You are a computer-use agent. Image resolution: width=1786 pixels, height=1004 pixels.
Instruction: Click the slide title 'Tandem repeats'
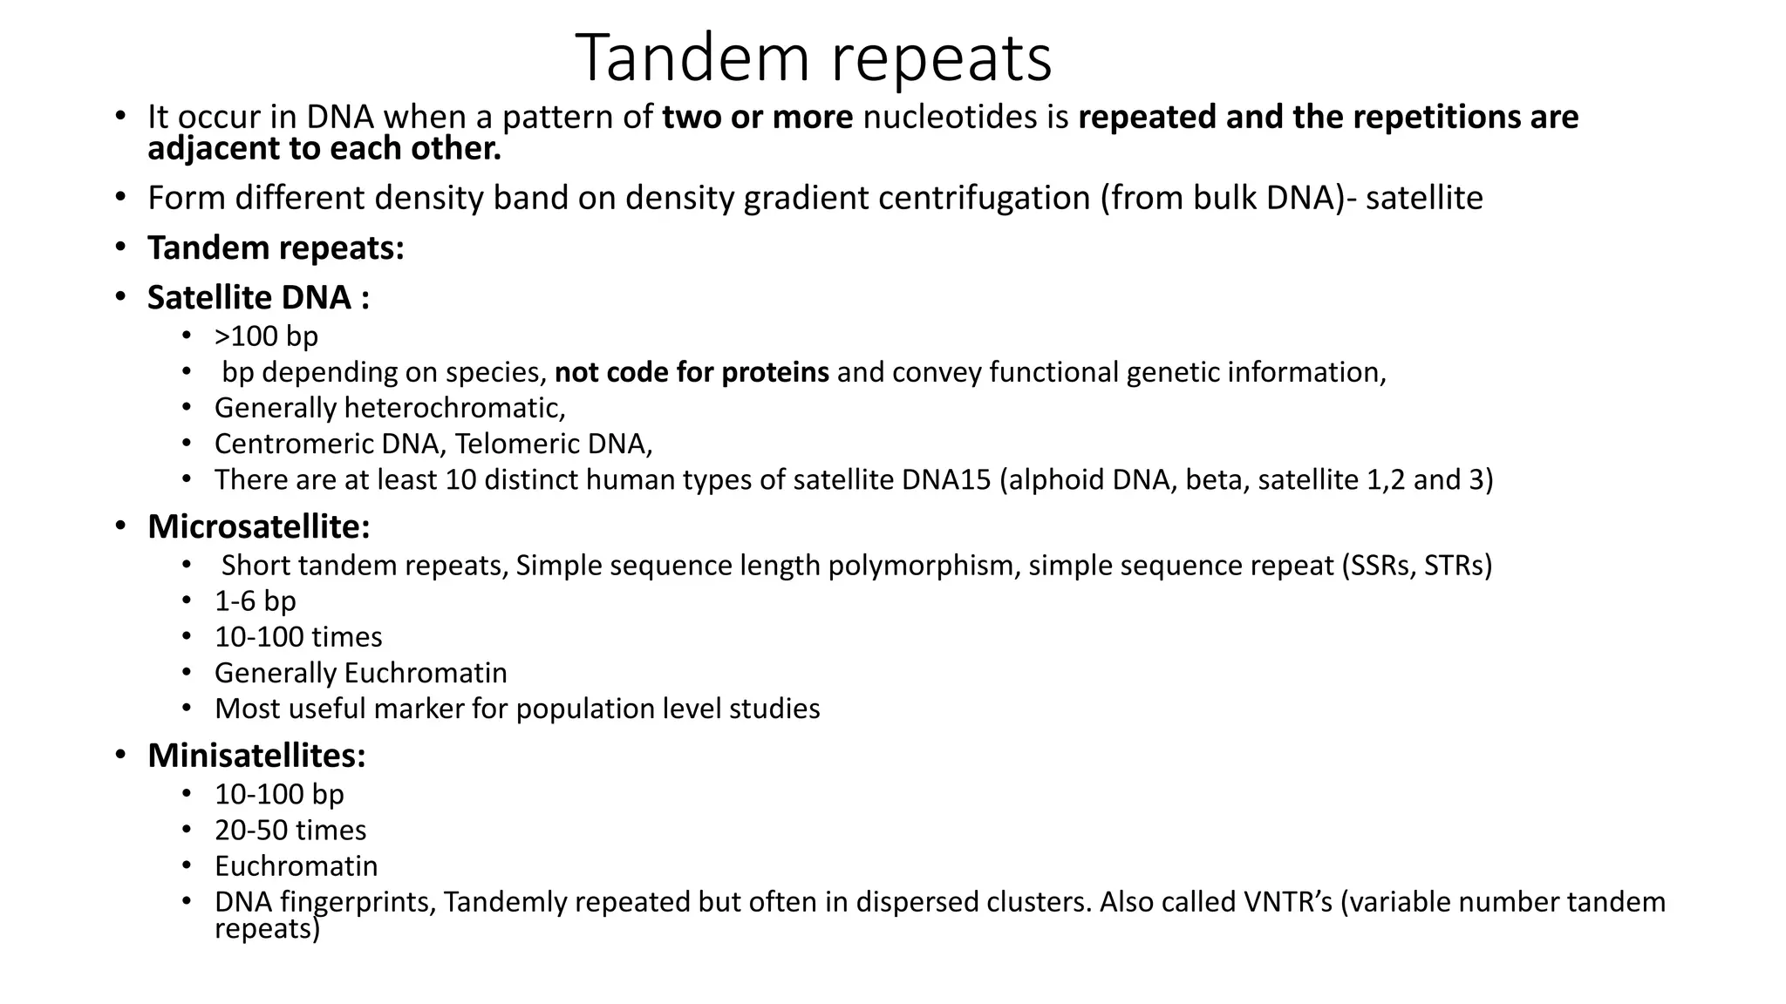pyautogui.click(x=814, y=58)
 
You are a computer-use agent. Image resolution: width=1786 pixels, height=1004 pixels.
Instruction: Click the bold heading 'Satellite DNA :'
pyautogui.click(x=258, y=298)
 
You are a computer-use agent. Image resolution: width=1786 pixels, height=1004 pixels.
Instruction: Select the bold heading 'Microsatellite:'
pyautogui.click(x=259, y=526)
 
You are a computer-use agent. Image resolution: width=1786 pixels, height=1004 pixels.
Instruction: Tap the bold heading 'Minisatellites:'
pyautogui.click(x=256, y=756)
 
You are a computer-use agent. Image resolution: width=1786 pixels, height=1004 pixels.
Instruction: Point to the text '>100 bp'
pyautogui.click(x=266, y=336)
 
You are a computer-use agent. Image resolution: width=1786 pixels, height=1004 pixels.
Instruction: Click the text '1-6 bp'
pyautogui.click(x=256, y=601)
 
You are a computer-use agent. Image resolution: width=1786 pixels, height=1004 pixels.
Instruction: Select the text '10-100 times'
pyautogui.click(x=298, y=637)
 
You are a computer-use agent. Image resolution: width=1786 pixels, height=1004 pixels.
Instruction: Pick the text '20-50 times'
pyautogui.click(x=290, y=831)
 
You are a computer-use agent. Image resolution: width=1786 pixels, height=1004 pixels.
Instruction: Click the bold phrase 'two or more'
pyautogui.click(x=757, y=118)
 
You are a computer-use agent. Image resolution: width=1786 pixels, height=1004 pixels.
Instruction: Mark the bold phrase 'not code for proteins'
pyautogui.click(x=692, y=372)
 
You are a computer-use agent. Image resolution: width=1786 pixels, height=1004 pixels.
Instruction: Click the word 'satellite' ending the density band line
pyautogui.click(x=1423, y=199)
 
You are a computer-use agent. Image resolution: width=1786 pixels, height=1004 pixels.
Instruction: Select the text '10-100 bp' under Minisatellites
pyautogui.click(x=279, y=795)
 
